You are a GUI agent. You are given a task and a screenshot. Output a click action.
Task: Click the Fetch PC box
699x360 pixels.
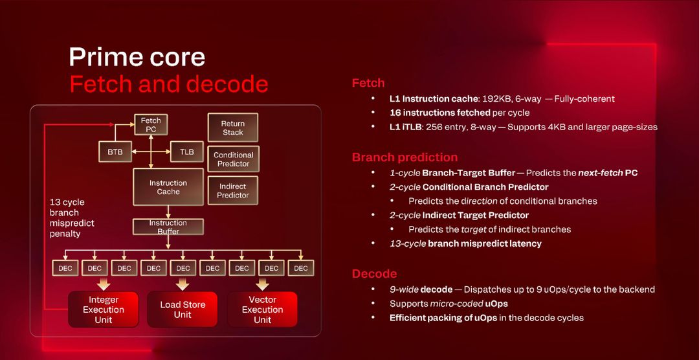[151, 124]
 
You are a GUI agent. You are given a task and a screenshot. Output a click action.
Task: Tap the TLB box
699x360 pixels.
[186, 152]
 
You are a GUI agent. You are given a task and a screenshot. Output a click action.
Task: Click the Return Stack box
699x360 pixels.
[233, 128]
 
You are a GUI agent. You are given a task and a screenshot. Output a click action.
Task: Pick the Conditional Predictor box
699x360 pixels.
[233, 159]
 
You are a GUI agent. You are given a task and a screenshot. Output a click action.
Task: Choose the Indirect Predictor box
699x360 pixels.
[233, 191]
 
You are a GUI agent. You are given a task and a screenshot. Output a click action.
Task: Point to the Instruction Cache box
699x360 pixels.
[168, 187]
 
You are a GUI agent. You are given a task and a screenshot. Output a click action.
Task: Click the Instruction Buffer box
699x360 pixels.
[168, 227]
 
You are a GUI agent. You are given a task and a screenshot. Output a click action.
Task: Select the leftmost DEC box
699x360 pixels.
[65, 268]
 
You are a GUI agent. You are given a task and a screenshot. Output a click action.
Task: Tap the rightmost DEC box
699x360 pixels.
[300, 268]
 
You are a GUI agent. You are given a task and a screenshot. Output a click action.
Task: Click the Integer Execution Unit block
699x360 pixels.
[104, 309]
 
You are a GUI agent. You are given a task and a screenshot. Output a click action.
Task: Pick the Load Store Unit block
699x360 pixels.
[183, 309]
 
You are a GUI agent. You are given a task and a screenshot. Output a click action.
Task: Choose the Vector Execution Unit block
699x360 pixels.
[262, 309]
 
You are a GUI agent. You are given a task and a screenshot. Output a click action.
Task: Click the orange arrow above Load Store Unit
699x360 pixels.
[183, 284]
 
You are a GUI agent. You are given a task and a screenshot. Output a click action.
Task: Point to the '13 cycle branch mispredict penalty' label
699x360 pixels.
[72, 218]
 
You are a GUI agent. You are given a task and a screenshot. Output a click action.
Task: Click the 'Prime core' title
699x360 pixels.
[137, 57]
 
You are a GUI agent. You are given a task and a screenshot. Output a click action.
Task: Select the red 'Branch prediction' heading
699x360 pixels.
[405, 157]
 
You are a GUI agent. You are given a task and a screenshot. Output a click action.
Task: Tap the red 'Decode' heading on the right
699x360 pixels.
[374, 274]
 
